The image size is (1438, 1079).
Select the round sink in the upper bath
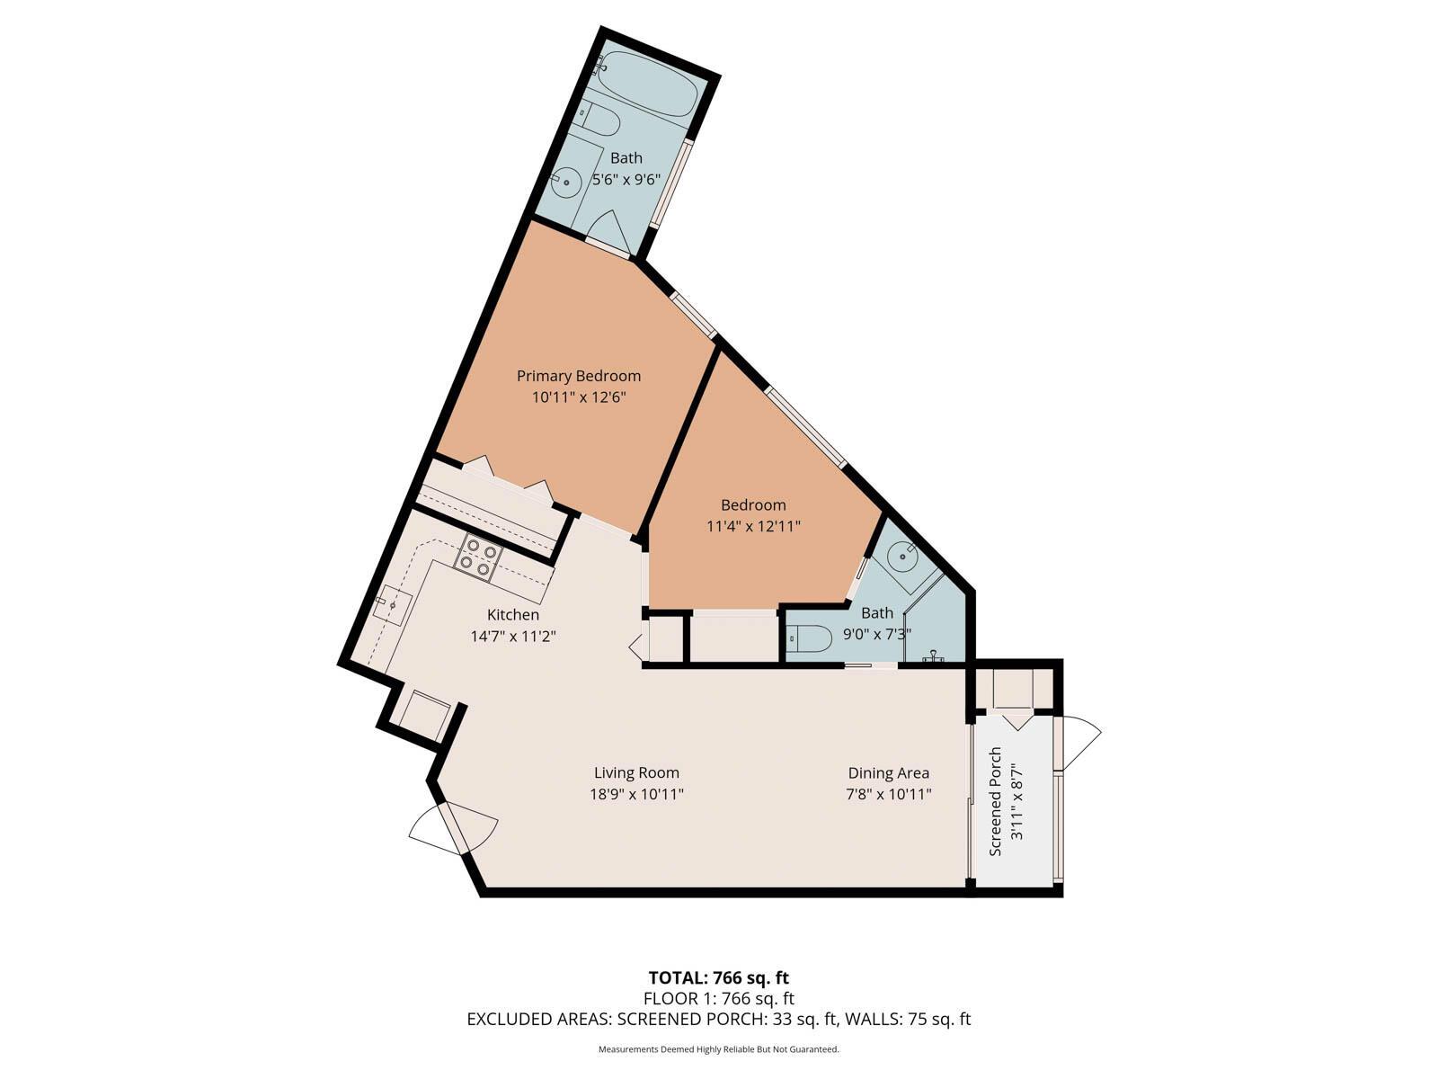tap(566, 182)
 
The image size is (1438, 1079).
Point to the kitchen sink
tap(393, 604)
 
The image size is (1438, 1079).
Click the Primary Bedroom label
tap(578, 376)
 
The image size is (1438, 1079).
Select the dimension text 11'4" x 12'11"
tap(753, 526)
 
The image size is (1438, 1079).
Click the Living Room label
tap(636, 772)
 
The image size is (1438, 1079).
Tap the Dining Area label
tap(888, 772)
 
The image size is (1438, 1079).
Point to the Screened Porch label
tap(995, 801)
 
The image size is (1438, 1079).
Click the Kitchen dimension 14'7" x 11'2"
tap(513, 636)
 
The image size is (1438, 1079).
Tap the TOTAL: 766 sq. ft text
tap(718, 977)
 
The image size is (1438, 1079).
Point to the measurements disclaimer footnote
tap(718, 1049)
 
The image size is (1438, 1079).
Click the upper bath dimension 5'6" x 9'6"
tap(626, 179)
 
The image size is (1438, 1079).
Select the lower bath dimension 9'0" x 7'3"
tap(876, 633)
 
